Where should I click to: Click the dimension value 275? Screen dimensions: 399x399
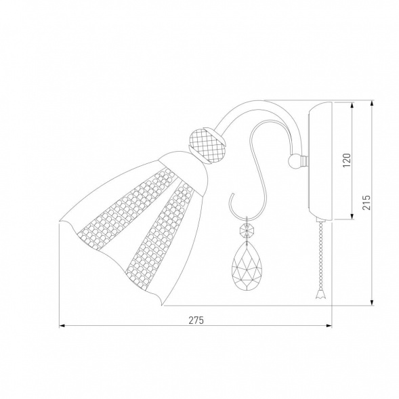click(x=196, y=320)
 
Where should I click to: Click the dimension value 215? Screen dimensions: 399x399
click(x=366, y=203)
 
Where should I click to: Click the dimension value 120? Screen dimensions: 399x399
click(x=347, y=160)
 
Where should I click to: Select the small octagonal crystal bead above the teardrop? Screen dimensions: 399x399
click(x=247, y=230)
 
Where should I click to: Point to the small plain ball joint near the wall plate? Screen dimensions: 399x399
click(x=295, y=161)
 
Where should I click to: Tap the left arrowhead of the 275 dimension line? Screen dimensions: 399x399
click(x=62, y=325)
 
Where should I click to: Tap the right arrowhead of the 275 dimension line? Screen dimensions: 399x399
click(x=329, y=325)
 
